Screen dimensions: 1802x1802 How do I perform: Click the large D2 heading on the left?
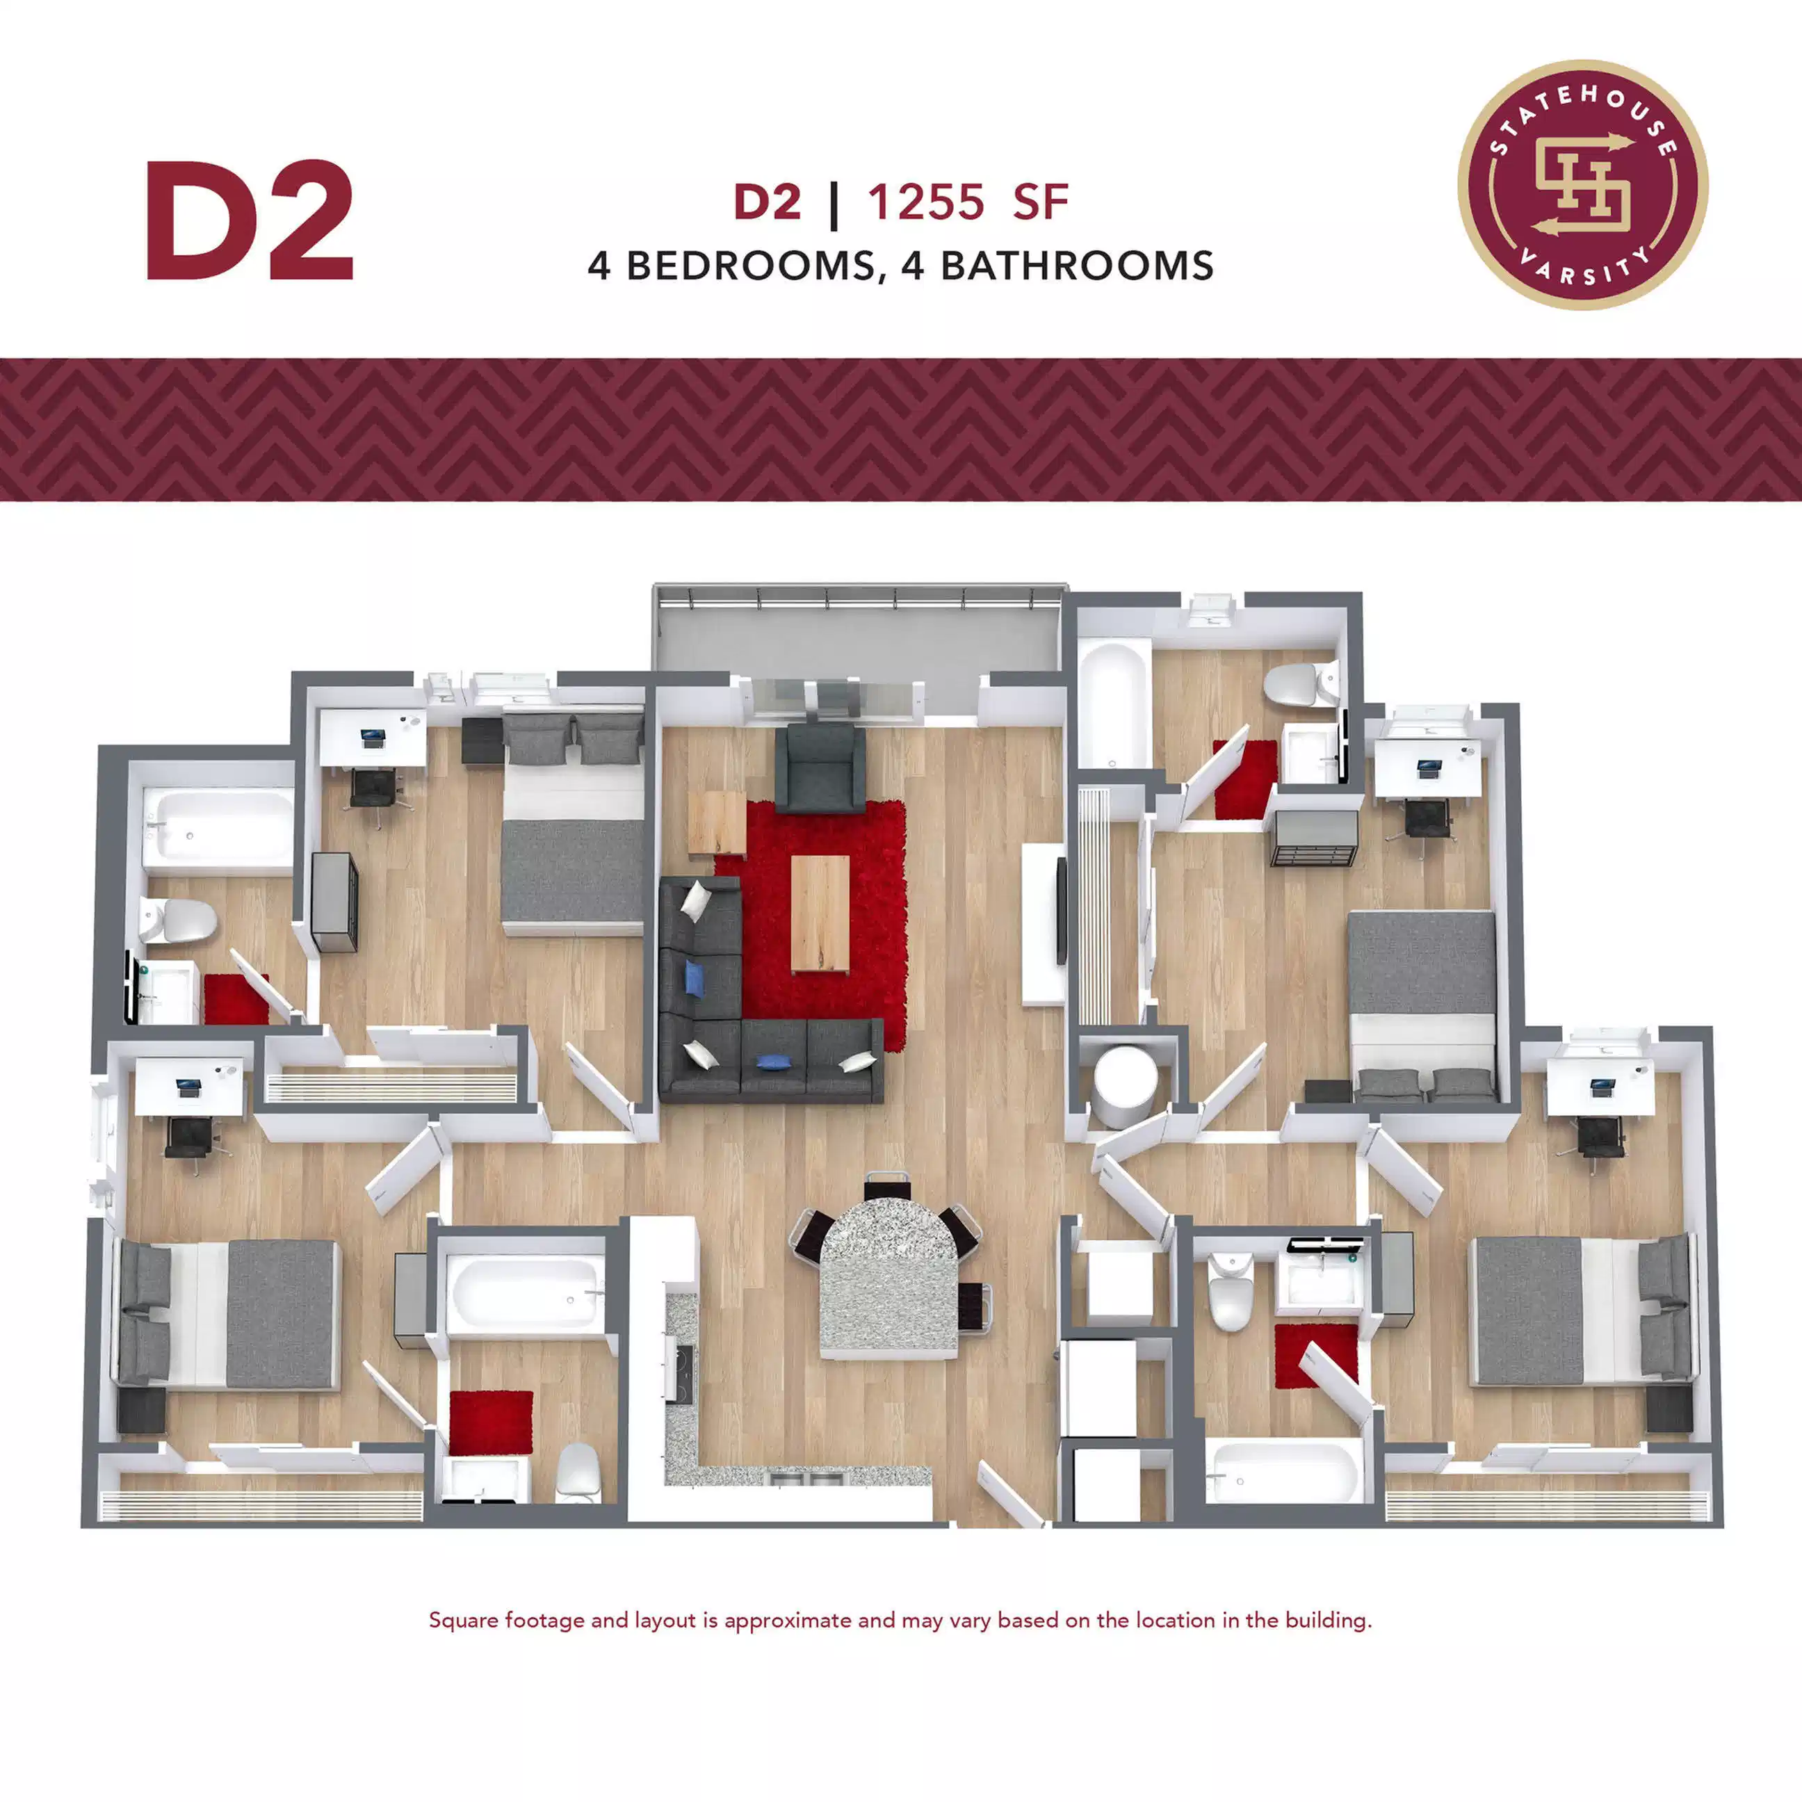248,222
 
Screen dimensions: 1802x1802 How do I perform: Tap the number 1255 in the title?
925,202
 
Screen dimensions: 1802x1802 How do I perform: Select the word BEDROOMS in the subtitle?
750,266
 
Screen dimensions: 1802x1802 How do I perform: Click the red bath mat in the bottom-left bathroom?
491,1422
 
